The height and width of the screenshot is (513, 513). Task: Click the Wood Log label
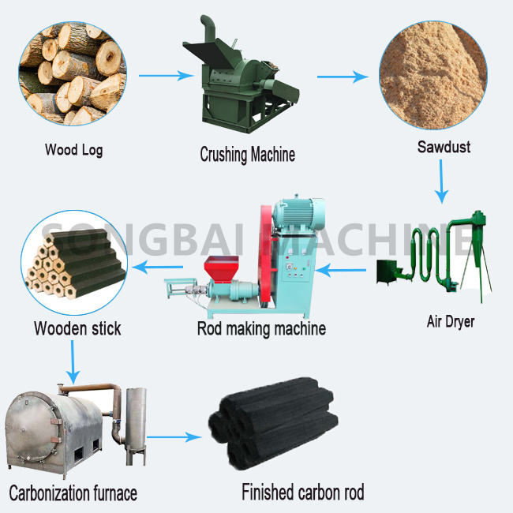pyautogui.click(x=73, y=150)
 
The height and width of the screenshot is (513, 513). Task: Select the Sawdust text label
pyautogui.click(x=444, y=147)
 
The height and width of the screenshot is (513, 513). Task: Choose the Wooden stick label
pyautogui.click(x=77, y=328)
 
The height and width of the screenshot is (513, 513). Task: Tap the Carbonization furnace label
pyautogui.click(x=73, y=493)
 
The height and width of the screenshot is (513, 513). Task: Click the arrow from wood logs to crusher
pyautogui.click(x=166, y=77)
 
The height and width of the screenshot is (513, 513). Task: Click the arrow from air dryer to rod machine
pyautogui.click(x=347, y=271)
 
